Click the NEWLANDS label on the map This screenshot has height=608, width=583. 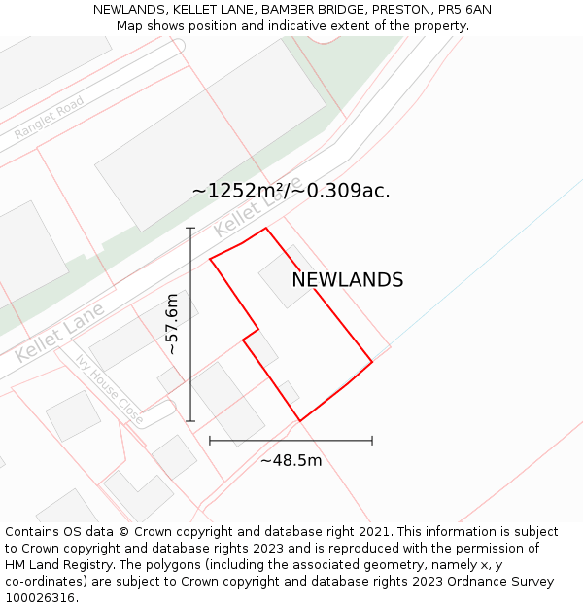(x=347, y=280)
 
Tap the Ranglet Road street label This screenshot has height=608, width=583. (x=49, y=119)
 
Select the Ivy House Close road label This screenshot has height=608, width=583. (x=109, y=388)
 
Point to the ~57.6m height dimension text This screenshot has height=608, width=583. (x=172, y=324)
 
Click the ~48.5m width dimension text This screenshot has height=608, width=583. (x=291, y=460)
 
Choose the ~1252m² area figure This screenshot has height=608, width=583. (x=236, y=191)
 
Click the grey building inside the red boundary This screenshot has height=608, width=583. (x=285, y=277)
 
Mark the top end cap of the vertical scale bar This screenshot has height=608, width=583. (x=190, y=229)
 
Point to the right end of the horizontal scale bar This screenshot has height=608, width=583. (x=372, y=441)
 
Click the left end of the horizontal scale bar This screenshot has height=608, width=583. (x=210, y=441)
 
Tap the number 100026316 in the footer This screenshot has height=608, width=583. (x=40, y=597)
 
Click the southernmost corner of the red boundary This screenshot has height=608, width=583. (x=299, y=421)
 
